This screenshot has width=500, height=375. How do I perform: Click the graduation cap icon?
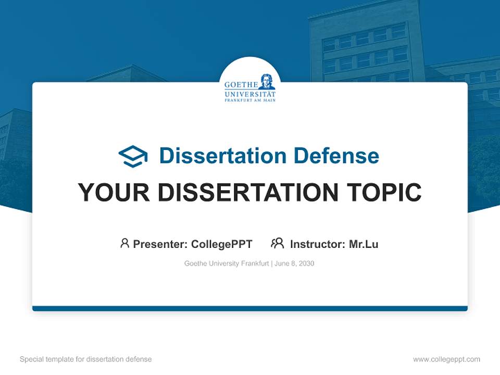[133, 156]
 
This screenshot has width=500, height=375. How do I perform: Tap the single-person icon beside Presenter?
[124, 243]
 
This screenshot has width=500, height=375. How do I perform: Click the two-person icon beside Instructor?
[277, 243]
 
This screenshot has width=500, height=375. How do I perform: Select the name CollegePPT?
[222, 244]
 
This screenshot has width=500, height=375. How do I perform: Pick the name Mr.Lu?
[364, 244]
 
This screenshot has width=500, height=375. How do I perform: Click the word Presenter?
[160, 244]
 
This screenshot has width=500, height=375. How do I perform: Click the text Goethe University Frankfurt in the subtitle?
[226, 264]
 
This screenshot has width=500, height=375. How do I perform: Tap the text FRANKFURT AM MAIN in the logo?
[250, 100]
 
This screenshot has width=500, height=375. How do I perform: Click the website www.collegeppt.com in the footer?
[446, 359]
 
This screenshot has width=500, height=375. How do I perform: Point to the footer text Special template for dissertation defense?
[86, 359]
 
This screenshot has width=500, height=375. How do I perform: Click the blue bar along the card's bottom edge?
[250, 308]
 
